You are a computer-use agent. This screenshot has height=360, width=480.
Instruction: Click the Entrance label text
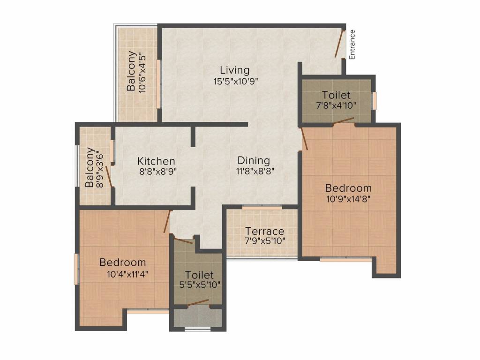pos(352,45)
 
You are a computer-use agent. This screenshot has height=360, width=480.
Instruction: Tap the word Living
pos(235,70)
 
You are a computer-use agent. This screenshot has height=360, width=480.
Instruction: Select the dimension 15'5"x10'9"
pos(235,81)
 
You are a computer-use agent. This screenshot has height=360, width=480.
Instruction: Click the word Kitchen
pos(156,161)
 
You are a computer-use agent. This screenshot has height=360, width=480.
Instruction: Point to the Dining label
pos(253,161)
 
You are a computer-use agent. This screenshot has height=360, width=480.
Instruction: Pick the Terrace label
pos(265,231)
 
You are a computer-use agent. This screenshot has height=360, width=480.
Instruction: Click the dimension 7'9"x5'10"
pos(265,241)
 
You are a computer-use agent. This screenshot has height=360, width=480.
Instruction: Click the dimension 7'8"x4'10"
pos(336,105)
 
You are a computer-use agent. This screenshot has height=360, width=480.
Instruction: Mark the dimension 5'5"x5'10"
pos(199,284)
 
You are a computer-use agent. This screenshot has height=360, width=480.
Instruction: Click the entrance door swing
pos(339,43)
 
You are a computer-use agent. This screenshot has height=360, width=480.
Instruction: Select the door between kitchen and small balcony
pos(108,176)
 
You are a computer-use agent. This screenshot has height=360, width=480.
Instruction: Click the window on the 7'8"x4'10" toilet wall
pos(374,100)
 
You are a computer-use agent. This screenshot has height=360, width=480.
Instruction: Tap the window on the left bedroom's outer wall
pos(76,269)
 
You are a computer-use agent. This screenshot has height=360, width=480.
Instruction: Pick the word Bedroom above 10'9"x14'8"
pos(348,188)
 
